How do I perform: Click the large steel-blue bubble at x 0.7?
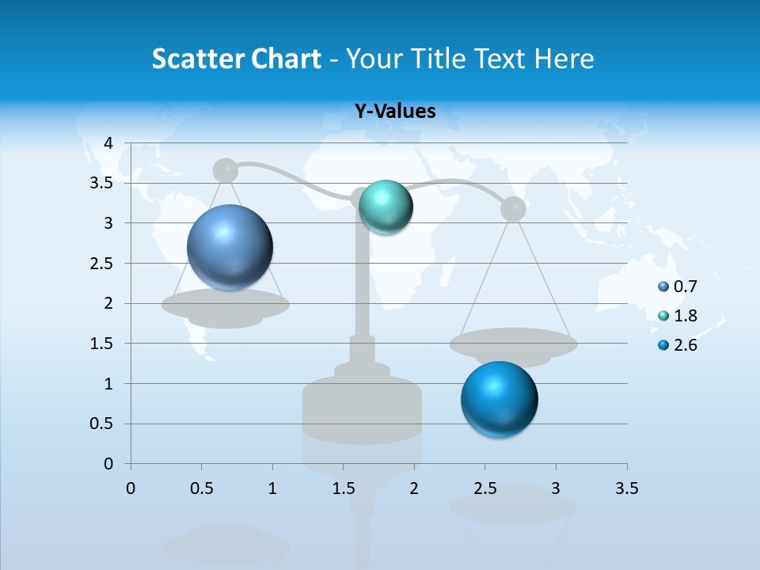pyautogui.click(x=230, y=247)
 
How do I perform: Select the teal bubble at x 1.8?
pyautogui.click(x=386, y=207)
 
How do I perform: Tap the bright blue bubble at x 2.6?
pyautogui.click(x=499, y=399)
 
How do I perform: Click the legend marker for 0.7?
pyautogui.click(x=663, y=287)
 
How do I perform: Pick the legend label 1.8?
pyautogui.click(x=685, y=316)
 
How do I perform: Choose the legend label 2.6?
pyautogui.click(x=685, y=345)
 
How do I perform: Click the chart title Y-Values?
pyautogui.click(x=394, y=112)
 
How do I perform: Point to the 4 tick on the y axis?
pyautogui.click(x=109, y=143)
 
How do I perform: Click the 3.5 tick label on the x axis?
pyautogui.click(x=626, y=488)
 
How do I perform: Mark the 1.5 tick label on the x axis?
pyautogui.click(x=343, y=488)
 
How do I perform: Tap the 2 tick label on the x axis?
pyautogui.click(x=413, y=488)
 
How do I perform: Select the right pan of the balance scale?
pyautogui.click(x=513, y=344)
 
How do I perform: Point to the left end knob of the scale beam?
pyautogui.click(x=226, y=169)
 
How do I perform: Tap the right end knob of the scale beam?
pyautogui.click(x=513, y=208)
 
